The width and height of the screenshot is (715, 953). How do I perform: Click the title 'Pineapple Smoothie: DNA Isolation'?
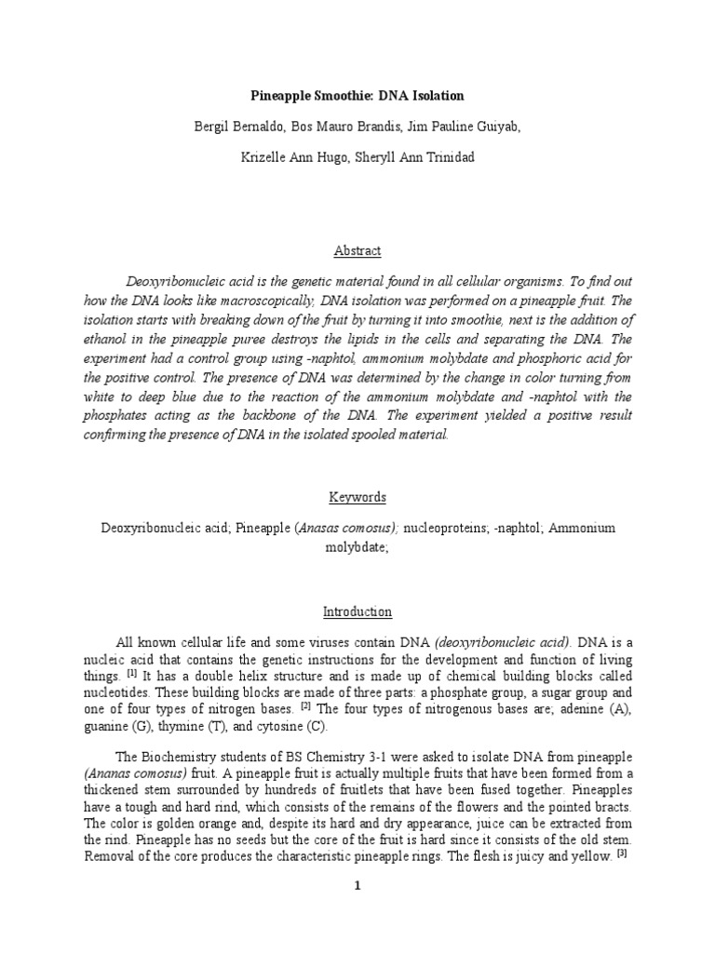point(357,96)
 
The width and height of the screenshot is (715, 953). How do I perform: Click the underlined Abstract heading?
point(357,251)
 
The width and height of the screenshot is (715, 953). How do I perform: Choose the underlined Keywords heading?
point(357,497)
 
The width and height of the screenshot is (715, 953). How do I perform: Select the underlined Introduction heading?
point(357,612)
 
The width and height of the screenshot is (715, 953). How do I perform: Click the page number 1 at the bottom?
point(357,886)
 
